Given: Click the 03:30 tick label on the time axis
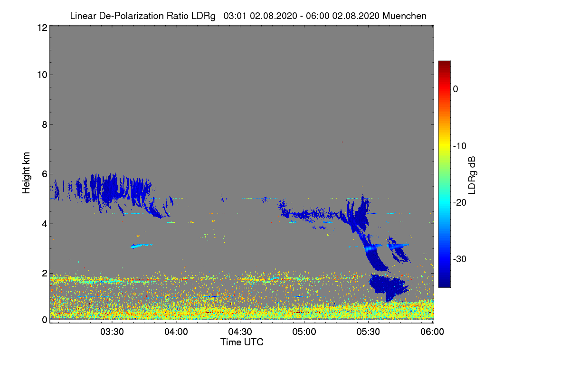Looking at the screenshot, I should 112,332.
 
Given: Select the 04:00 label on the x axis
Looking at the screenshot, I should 176,332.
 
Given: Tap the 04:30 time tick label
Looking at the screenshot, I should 240,332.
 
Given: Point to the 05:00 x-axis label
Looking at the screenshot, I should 304,332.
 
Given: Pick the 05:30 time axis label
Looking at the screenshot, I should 369,332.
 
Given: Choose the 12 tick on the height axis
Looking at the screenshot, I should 41,28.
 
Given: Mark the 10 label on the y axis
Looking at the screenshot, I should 41,75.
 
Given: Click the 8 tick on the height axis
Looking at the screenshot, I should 44,125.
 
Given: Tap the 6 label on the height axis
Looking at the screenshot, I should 44,174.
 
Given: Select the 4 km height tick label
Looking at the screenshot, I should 44,224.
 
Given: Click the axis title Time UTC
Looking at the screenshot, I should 242,342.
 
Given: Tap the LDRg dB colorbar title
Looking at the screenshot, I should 472,174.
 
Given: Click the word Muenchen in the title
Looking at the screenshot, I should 404,16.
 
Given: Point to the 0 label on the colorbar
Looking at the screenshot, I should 456,89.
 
